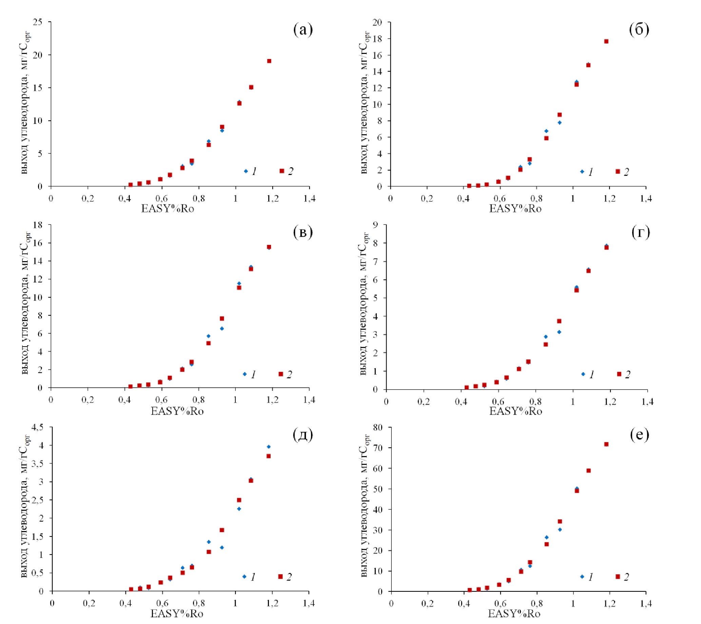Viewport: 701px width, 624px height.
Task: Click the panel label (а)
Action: pyautogui.click(x=303, y=30)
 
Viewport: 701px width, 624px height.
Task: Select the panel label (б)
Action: pyautogui.click(x=639, y=30)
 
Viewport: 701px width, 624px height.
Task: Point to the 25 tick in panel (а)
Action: pyautogui.click(x=38, y=22)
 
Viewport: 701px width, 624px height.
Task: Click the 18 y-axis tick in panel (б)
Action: pyautogui.click(x=377, y=39)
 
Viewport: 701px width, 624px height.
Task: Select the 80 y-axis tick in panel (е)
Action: pyautogui.click(x=378, y=428)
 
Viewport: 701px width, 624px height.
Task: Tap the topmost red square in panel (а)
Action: pyautogui.click(x=269, y=61)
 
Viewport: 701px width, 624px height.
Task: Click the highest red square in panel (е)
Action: pyautogui.click(x=606, y=444)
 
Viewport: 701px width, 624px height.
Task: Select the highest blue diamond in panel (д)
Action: pyautogui.click(x=269, y=447)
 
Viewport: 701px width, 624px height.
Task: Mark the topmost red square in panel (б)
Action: pyautogui.click(x=606, y=41)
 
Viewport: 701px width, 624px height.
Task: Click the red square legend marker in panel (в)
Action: pyautogui.click(x=280, y=374)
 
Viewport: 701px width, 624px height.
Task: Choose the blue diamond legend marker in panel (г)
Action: pyautogui.click(x=583, y=374)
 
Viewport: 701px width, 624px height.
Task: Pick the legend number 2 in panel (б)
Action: pyautogui.click(x=626, y=172)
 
